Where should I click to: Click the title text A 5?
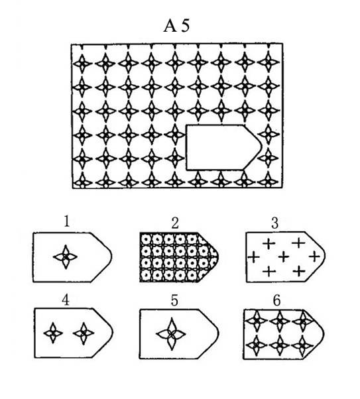coord(176,26)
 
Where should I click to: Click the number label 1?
coord(66,221)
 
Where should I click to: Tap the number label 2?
coord(175,223)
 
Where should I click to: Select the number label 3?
coord(274,223)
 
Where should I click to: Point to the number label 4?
coord(66,300)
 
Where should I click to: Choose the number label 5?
coord(174,300)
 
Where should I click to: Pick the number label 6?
coord(276,300)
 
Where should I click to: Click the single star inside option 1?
coord(66,257)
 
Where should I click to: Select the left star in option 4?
coord(53,333)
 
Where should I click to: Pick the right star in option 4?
coord(84,333)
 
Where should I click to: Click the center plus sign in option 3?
coord(284,256)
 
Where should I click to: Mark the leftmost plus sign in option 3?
coord(253,257)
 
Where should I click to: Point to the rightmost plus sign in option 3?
coord(315,256)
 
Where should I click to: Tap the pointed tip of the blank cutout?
coord(262,147)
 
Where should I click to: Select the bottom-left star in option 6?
coord(257,345)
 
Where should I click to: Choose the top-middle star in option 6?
coord(280,321)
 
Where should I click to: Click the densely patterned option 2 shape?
coord(179,257)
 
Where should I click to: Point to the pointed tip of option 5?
coord(218,333)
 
